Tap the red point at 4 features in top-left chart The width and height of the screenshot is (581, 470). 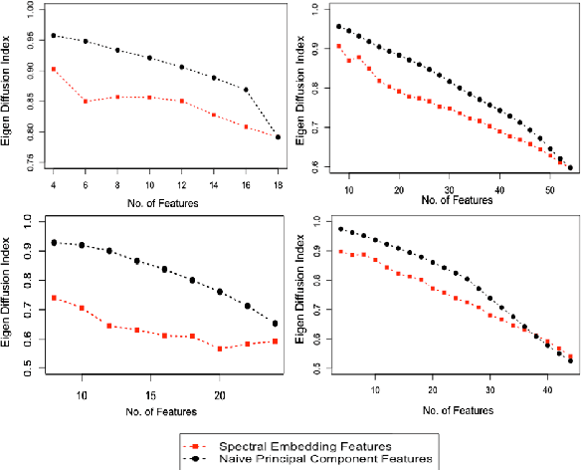tap(53, 70)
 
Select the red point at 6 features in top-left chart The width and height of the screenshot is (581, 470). tap(85, 102)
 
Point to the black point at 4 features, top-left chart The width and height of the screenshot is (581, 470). tap(53, 36)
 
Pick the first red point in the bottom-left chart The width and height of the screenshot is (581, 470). tap(54, 298)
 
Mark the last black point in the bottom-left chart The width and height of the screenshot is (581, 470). tap(275, 323)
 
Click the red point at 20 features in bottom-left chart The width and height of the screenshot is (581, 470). tap(219, 349)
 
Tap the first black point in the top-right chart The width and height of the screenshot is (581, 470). tap(339, 27)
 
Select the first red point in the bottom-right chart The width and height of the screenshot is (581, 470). tap(341, 251)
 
